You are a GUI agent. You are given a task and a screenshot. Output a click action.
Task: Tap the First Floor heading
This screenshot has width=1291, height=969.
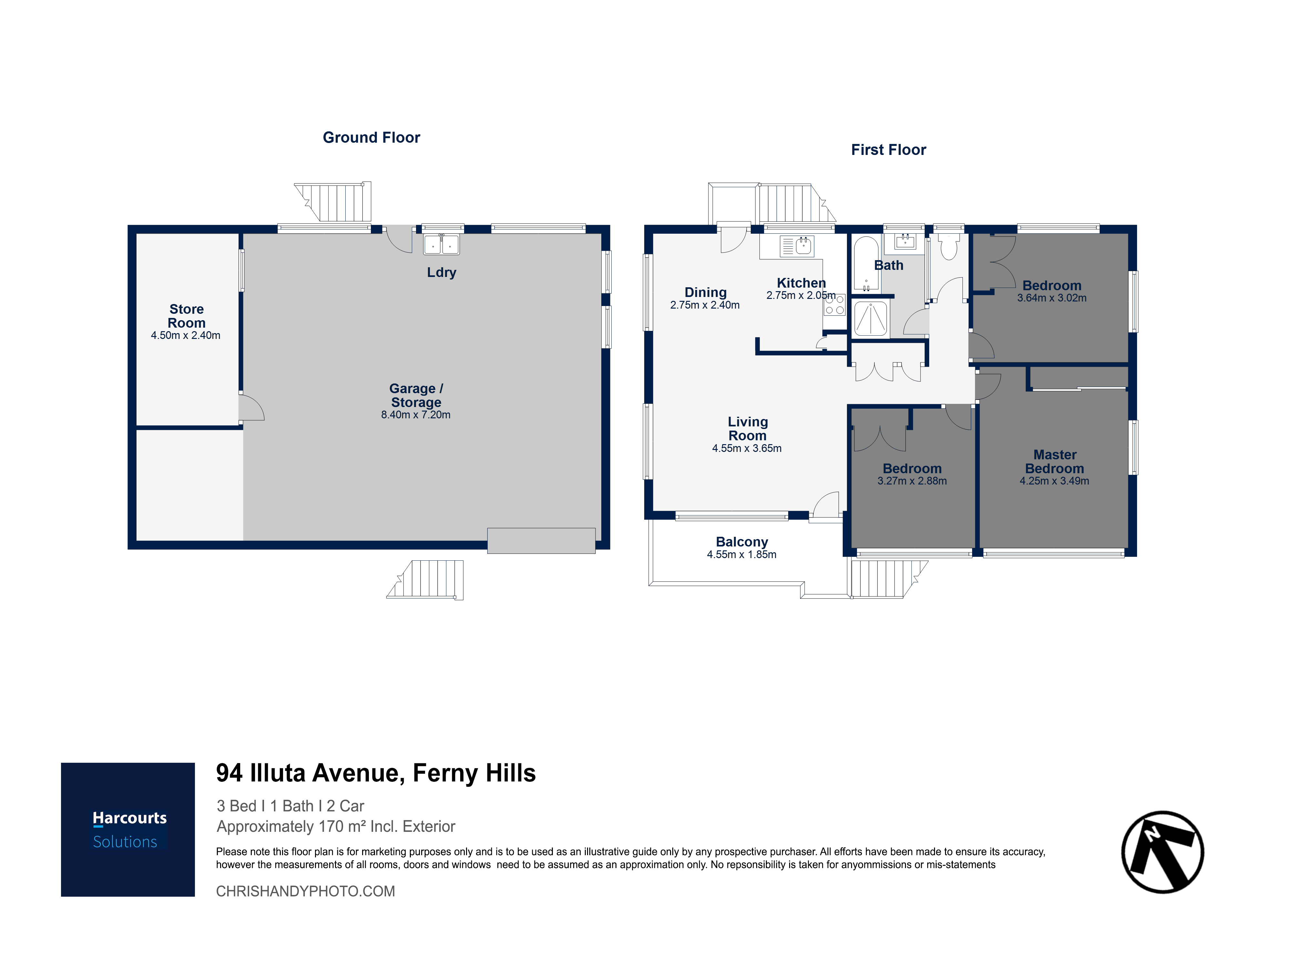[888, 150]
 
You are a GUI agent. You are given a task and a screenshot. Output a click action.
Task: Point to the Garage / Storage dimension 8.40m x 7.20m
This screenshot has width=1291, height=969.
[416, 415]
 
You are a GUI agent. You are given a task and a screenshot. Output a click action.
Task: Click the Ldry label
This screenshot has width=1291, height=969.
[442, 273]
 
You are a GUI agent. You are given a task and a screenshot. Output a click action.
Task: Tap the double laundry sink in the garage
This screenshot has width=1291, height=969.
[441, 245]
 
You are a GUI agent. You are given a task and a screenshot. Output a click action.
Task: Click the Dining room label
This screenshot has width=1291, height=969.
[706, 292]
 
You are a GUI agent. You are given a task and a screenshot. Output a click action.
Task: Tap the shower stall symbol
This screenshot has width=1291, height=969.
[871, 318]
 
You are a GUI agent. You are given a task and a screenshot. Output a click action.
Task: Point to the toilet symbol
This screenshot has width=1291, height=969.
[949, 246]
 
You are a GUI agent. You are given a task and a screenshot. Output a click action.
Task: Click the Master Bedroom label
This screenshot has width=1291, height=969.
[1055, 462]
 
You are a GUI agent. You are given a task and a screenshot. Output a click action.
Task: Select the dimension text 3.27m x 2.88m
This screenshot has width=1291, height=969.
[912, 481]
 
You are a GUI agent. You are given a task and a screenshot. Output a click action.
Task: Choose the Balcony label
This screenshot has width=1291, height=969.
[742, 542]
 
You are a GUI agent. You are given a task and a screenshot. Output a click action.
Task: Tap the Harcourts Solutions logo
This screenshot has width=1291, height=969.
[128, 830]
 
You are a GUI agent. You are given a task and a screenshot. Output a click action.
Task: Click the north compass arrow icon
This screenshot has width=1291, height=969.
[1163, 852]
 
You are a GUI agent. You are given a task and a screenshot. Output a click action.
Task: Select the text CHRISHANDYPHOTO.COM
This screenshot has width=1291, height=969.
[305, 891]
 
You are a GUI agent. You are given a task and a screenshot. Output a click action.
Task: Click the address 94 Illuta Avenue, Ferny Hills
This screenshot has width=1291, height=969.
[376, 773]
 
